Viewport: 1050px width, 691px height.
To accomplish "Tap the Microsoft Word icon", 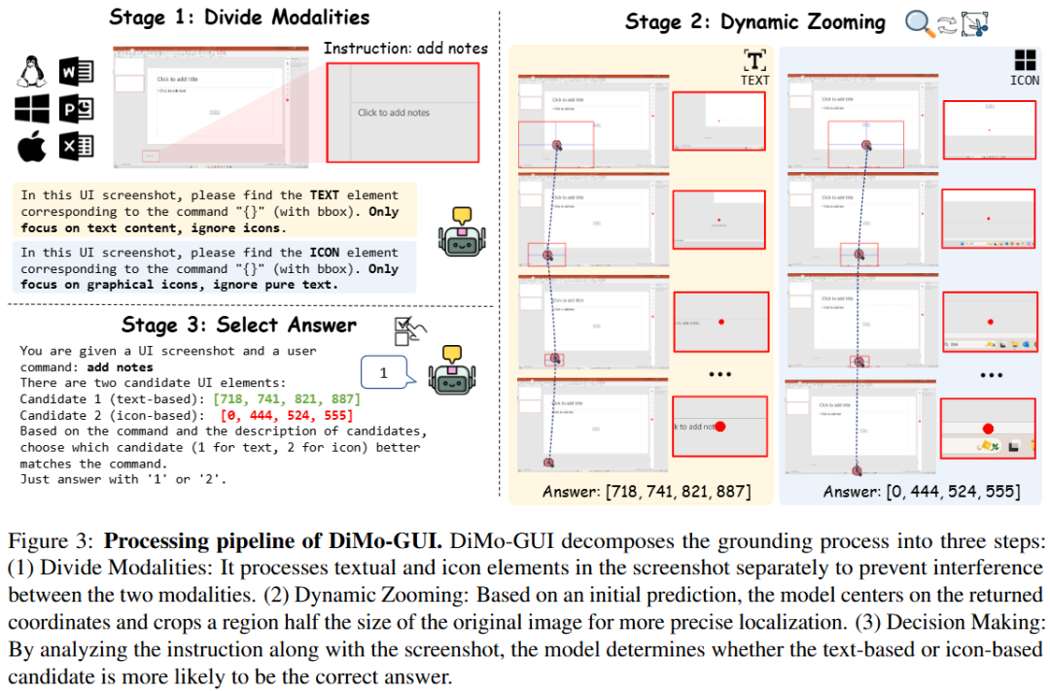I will [x=76, y=73].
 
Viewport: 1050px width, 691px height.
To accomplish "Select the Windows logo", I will [x=32, y=110].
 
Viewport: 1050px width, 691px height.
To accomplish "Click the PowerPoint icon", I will [x=76, y=110].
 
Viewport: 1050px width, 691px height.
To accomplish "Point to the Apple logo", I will [x=32, y=148].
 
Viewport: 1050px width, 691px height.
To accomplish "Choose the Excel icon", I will [x=76, y=148].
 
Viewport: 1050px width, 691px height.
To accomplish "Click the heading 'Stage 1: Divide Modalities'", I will [x=239, y=17].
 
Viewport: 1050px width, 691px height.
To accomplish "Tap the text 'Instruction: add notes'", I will [x=405, y=48].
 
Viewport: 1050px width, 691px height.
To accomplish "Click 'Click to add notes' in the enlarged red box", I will [x=394, y=113].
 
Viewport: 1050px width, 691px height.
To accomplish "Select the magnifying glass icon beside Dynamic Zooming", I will [x=918, y=22].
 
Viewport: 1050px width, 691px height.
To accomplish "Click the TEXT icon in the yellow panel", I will [x=754, y=66].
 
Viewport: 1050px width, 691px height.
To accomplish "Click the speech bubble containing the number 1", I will [x=383, y=372].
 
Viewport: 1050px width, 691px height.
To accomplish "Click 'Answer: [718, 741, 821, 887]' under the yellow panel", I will [x=647, y=492].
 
